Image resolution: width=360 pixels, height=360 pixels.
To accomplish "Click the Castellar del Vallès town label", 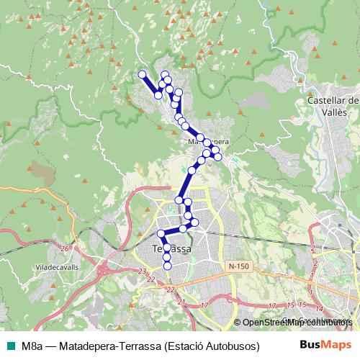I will (333, 107).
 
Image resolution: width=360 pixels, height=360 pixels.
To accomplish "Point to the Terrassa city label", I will (172, 248).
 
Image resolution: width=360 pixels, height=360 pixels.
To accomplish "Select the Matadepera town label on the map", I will (208, 141).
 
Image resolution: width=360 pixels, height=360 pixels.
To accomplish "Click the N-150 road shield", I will (238, 266).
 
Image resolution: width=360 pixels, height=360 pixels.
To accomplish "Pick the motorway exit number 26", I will (66, 248).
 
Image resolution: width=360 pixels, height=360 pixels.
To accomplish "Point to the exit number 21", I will (181, 302).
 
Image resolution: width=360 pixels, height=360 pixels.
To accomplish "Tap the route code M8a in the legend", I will (32, 345).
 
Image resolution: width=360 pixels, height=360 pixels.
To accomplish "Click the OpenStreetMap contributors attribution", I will (294, 322).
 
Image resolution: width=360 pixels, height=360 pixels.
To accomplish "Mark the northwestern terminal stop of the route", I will (143, 74).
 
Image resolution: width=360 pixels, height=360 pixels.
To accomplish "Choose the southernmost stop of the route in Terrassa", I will (168, 266).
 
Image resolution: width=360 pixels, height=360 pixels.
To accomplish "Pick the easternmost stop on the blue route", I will (217, 156).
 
